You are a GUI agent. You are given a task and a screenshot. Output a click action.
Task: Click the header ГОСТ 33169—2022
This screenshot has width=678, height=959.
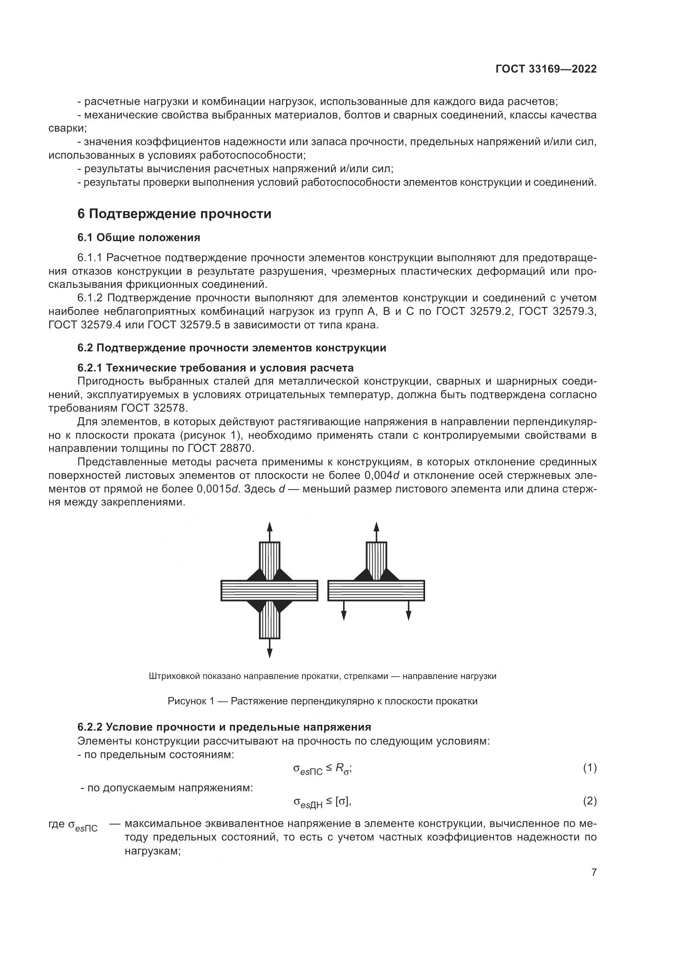click(x=546, y=69)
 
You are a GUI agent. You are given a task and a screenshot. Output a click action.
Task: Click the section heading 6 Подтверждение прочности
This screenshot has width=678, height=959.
click(x=174, y=214)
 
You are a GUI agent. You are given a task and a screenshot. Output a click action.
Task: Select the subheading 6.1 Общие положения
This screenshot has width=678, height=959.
click(x=139, y=238)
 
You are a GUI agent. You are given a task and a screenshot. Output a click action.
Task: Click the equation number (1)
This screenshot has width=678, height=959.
click(x=589, y=768)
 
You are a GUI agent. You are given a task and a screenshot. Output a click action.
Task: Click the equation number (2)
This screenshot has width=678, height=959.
click(x=589, y=801)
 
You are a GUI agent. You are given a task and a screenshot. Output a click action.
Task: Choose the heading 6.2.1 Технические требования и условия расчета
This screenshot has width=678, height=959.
click(x=216, y=368)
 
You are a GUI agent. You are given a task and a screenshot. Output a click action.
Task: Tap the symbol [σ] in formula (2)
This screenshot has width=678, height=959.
click(x=342, y=801)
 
